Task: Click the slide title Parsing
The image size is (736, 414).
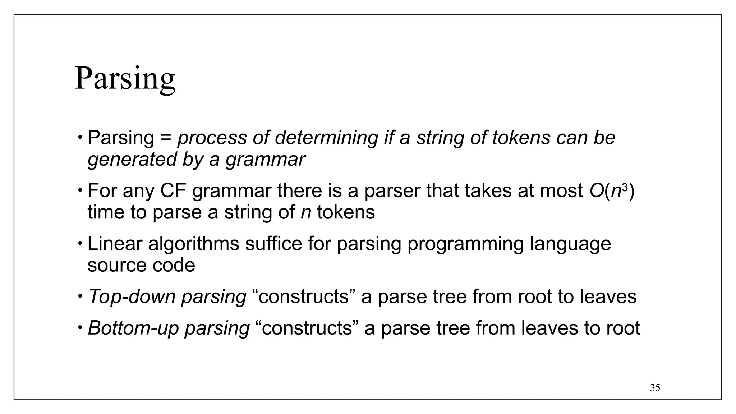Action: coord(125,79)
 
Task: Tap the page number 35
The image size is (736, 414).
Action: coord(655,388)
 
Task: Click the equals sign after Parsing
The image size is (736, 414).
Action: coord(166,138)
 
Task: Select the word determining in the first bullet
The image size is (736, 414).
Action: coord(327,138)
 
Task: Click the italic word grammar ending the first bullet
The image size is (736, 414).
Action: coord(265,159)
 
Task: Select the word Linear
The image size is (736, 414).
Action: coord(115,243)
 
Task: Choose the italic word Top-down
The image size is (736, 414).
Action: coord(132,296)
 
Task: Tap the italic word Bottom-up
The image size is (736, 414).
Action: coord(133,328)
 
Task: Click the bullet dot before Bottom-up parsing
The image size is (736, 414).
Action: coord(80,327)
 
